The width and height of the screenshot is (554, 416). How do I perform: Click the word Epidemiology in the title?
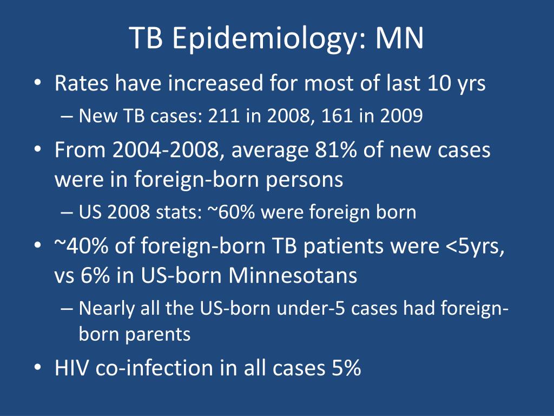click(264, 38)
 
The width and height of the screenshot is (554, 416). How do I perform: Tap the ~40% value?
click(81, 245)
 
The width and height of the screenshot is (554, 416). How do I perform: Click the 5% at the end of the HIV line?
click(346, 368)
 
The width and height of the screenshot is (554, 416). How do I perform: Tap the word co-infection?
click(154, 368)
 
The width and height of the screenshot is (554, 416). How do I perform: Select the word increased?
click(215, 83)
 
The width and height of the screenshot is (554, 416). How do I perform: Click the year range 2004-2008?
click(166, 149)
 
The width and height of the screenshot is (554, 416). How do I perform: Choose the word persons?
click(304, 179)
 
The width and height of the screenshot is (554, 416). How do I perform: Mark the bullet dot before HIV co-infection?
click(38, 367)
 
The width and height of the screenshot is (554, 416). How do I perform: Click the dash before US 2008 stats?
click(67, 212)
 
